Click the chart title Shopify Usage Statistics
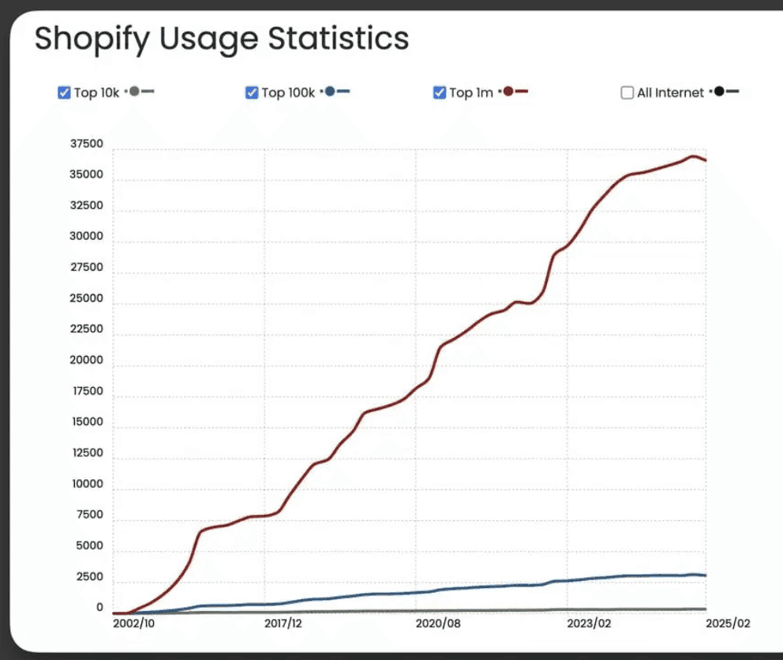pyautogui.click(x=222, y=38)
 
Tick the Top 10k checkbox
pyautogui.click(x=65, y=92)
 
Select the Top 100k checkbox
pyautogui.click(x=253, y=92)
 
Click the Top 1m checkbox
pyautogui.click(x=440, y=92)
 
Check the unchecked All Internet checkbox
pyautogui.click(x=628, y=92)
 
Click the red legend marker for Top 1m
pyautogui.click(x=509, y=92)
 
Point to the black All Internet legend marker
pyautogui.click(x=718, y=92)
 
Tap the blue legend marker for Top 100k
pyautogui.click(x=330, y=92)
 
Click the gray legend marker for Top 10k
pyautogui.click(x=134, y=92)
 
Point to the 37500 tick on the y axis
pyautogui.click(x=87, y=144)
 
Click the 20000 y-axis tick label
pyautogui.click(x=87, y=360)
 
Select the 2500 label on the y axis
pyautogui.click(x=89, y=577)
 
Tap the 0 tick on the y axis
pyautogui.click(x=100, y=608)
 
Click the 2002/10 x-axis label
pyautogui.click(x=133, y=623)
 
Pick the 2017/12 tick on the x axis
pyautogui.click(x=283, y=623)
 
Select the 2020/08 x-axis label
pyautogui.click(x=435, y=623)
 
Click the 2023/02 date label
pyautogui.click(x=589, y=623)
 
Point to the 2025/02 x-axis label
pyautogui.click(x=728, y=623)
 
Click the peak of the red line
pyautogui.click(x=693, y=156)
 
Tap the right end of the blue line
pyautogui.click(x=705, y=576)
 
